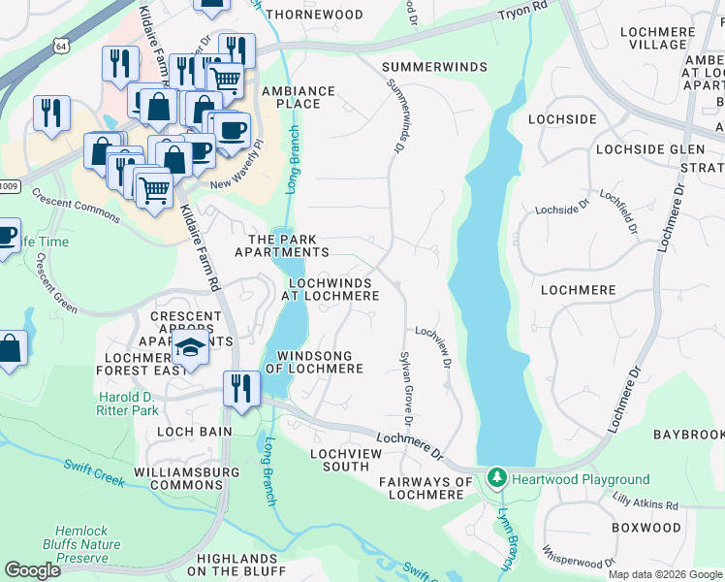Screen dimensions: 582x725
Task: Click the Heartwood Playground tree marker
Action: point(497,478)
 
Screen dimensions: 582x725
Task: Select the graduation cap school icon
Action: point(192,350)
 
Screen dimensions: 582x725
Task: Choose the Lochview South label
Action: point(339,460)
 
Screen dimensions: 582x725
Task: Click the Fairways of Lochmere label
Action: point(426,488)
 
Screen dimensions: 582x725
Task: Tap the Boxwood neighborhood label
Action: point(646,528)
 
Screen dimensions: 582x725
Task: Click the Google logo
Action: point(32,570)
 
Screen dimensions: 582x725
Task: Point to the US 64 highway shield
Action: point(62,46)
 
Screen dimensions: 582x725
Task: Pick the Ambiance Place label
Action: point(299,97)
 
